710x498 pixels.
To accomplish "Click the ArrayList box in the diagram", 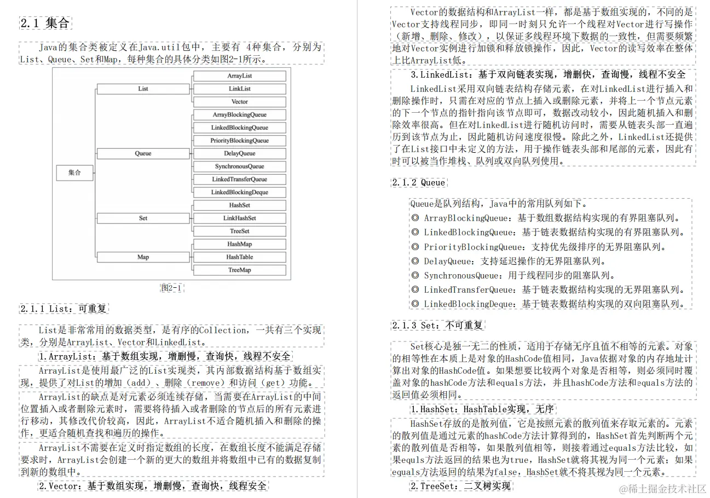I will (x=239, y=76).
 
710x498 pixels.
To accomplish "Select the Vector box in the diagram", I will (x=239, y=102).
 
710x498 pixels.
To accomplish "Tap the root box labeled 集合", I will (x=74, y=172).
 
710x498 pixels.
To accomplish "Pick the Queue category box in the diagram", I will (x=143, y=154).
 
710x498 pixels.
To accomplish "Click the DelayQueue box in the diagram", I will (x=239, y=154).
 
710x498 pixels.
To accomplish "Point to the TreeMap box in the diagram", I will (x=239, y=270).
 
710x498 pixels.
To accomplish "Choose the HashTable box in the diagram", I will (x=239, y=257).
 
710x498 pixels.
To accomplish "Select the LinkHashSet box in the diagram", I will (x=239, y=218).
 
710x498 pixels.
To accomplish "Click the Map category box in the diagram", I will (x=143, y=257).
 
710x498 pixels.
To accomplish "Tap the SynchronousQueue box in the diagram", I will (x=239, y=166).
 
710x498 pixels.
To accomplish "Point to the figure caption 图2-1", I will (x=171, y=288).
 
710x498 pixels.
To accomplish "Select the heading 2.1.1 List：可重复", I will (x=64, y=309).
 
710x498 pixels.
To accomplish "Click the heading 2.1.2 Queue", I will (x=419, y=183).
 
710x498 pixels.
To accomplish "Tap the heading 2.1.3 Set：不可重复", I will (x=438, y=326).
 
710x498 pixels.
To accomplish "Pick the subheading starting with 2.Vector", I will (x=153, y=485).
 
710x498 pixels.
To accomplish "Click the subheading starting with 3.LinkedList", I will (x=547, y=75).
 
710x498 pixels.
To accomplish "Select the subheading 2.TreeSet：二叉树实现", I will (x=460, y=485).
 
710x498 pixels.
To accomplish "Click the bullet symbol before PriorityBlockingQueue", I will (x=415, y=247).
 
